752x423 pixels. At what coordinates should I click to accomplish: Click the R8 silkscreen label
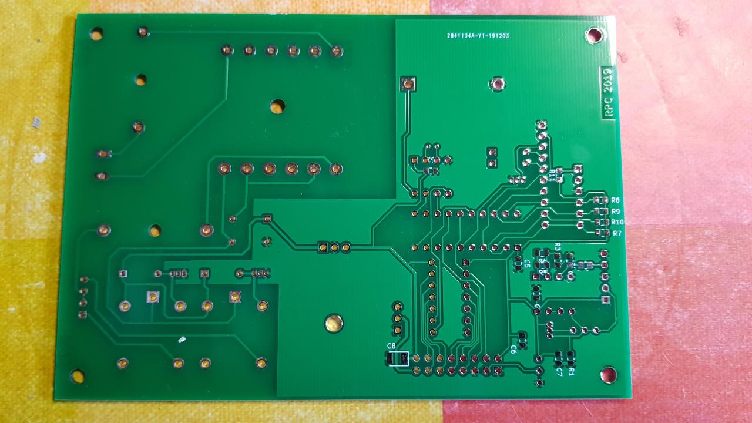click(x=616, y=200)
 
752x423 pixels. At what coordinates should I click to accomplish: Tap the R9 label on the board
click(x=616, y=211)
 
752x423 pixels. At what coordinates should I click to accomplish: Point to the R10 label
click(x=617, y=222)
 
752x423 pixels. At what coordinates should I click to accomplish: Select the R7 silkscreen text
click(x=617, y=233)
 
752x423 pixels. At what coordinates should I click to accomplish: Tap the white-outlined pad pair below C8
click(x=397, y=358)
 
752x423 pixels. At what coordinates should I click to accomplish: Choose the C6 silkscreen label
click(x=513, y=349)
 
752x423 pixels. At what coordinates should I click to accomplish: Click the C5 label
click(x=527, y=263)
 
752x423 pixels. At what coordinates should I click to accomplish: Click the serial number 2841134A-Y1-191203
click(x=478, y=36)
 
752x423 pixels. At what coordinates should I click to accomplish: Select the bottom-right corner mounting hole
click(x=608, y=374)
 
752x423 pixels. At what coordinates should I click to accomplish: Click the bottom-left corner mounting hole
click(x=78, y=375)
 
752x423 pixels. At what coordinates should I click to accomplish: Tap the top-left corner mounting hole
click(x=96, y=33)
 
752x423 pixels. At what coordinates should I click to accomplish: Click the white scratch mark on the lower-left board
click(x=182, y=340)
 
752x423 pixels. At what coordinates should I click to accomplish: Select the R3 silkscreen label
click(x=558, y=246)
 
